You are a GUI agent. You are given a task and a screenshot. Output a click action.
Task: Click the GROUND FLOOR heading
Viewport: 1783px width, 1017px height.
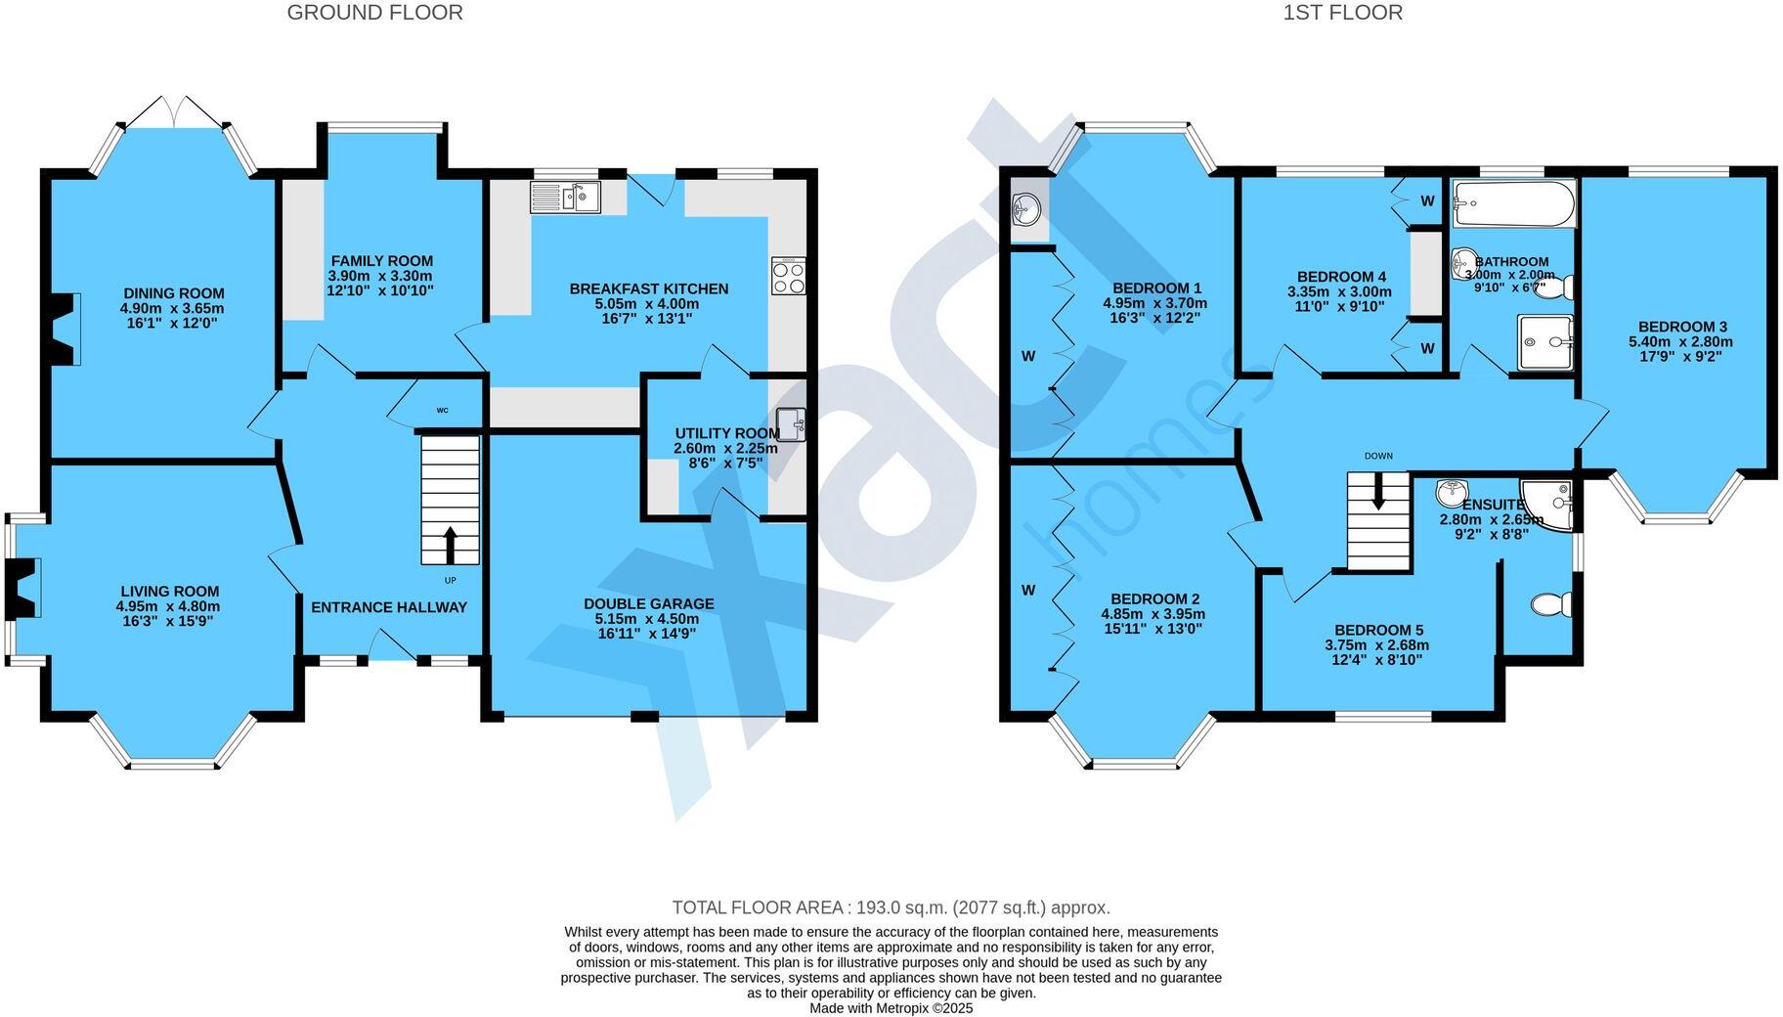374,13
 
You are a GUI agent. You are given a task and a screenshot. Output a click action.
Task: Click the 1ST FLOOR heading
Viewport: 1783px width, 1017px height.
1343,13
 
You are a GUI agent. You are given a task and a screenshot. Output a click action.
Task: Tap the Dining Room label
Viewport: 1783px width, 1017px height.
173,293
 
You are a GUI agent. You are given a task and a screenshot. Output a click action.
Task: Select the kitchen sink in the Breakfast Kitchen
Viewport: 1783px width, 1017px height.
565,198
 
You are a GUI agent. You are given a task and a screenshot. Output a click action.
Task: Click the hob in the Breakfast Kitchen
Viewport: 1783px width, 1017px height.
788,276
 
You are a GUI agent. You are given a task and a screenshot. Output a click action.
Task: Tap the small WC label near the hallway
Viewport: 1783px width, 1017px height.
442,411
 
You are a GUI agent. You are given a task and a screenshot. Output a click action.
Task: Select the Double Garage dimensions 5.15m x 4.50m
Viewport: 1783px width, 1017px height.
648,619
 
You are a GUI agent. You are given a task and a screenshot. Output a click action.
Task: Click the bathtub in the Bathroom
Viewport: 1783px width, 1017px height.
1513,203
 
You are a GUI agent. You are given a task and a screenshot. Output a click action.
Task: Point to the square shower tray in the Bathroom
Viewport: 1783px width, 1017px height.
1544,342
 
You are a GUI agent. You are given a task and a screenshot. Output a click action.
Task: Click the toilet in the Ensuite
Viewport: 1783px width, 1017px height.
1551,605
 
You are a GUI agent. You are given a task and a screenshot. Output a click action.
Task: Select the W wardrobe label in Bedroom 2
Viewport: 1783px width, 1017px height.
1027,591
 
